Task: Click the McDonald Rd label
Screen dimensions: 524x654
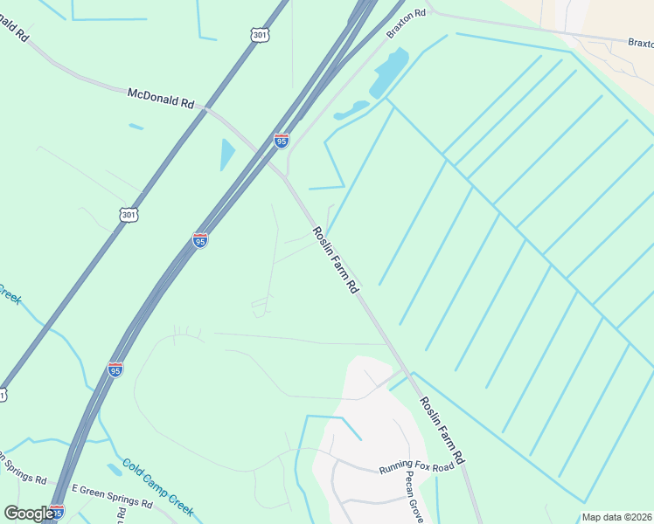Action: pos(161,97)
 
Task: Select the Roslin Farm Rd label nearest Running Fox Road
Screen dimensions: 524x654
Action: pos(442,430)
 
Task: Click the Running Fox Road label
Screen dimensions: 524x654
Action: pos(417,468)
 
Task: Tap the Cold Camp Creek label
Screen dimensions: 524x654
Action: pos(157,486)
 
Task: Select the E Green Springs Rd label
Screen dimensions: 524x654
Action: pos(112,497)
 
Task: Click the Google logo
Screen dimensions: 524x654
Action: pos(29,513)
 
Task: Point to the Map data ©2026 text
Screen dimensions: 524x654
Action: pos(616,517)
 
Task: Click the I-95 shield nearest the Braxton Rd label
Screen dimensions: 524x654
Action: pos(281,141)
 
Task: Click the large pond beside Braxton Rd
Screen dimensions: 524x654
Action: pos(390,72)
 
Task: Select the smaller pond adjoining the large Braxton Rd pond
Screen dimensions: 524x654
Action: pos(350,111)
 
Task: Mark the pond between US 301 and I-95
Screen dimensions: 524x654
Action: pos(227,154)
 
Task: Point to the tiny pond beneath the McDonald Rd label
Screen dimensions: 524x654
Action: pos(136,128)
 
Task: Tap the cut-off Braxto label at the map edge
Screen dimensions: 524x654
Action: pos(640,42)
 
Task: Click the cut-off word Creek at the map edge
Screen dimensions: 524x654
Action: pos(10,293)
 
